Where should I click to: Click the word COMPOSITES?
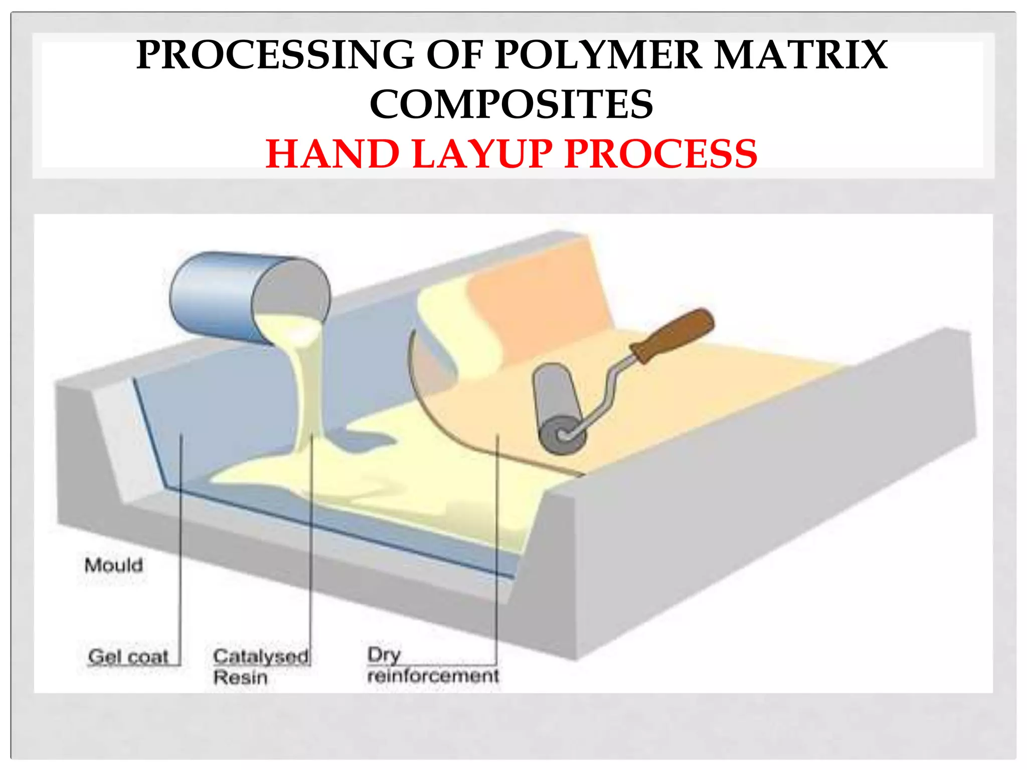click(x=511, y=105)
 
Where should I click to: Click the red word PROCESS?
click(x=660, y=154)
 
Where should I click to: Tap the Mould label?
click(x=114, y=565)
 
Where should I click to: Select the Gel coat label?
click(x=128, y=656)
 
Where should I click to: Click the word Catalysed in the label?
click(x=260, y=656)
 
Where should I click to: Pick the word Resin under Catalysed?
click(x=240, y=678)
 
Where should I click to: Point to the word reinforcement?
click(x=433, y=676)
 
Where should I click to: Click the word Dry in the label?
click(x=384, y=654)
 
